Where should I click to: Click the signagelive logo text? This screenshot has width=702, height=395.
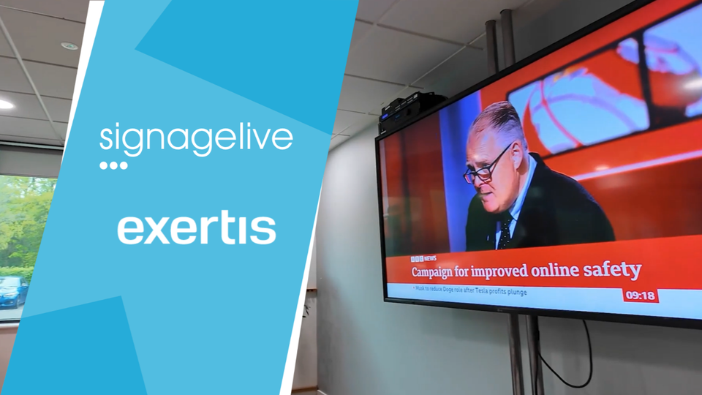click(x=196, y=140)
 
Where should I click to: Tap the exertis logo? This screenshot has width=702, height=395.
click(x=197, y=229)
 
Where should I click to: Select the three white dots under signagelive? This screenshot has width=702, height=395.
click(x=113, y=166)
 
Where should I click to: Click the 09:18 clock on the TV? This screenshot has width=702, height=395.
click(x=641, y=296)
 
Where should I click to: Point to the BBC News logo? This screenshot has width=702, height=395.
click(x=423, y=258)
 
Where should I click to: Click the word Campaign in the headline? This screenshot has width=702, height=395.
click(x=432, y=272)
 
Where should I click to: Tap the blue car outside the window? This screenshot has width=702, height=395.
click(x=12, y=292)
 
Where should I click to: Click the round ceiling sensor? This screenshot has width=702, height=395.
click(x=69, y=45)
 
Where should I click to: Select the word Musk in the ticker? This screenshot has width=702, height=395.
click(x=420, y=288)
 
